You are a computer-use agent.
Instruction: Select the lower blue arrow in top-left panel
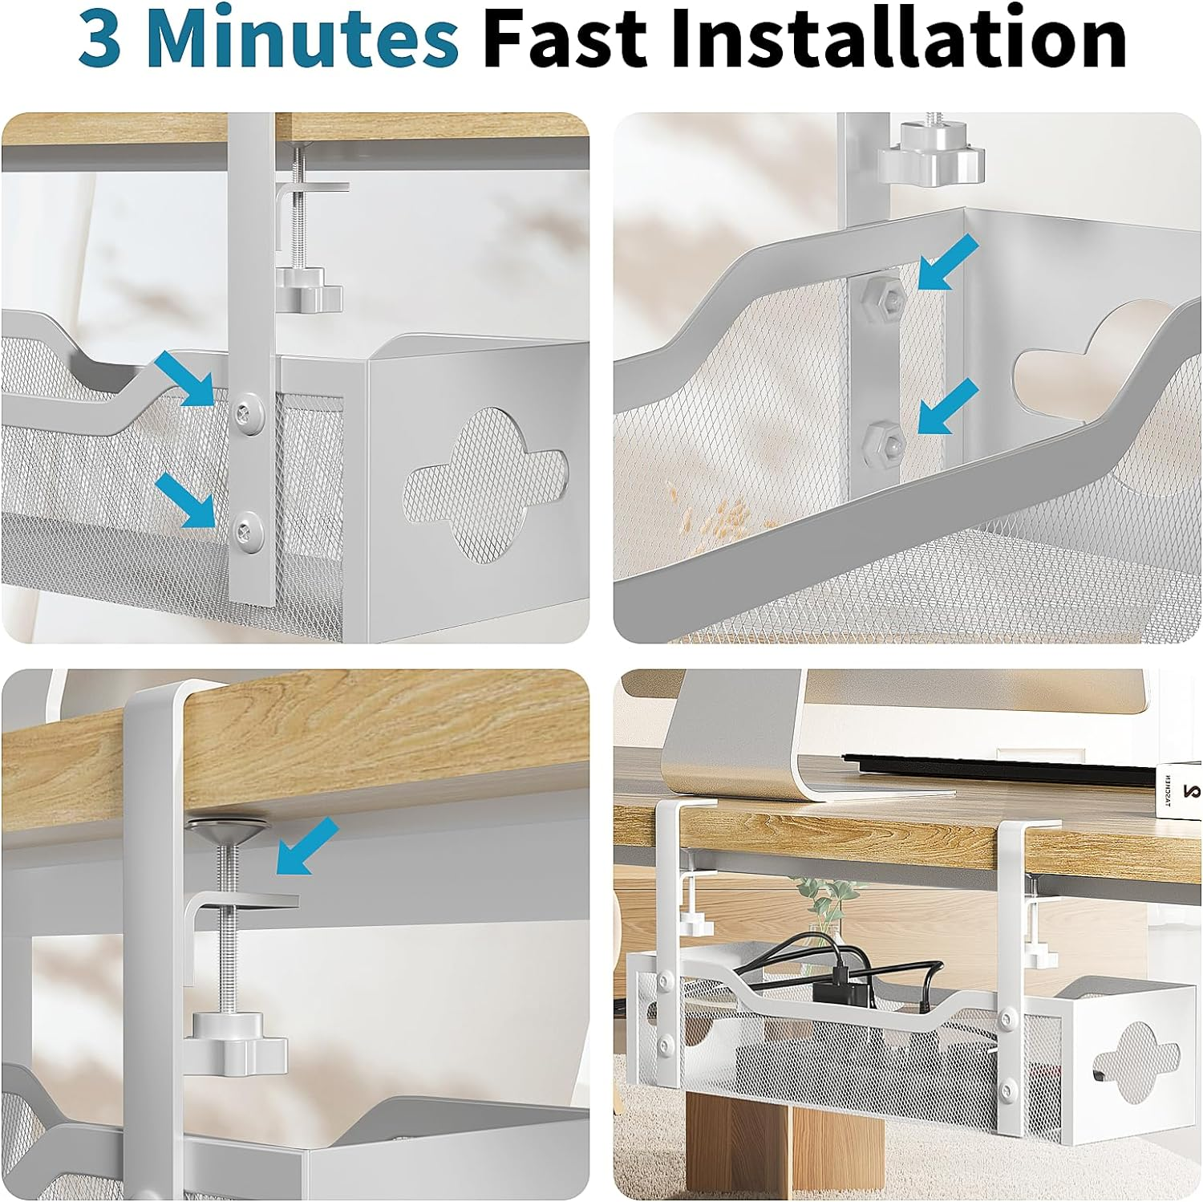coord(186,500)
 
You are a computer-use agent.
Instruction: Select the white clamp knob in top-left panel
coord(309,290)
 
